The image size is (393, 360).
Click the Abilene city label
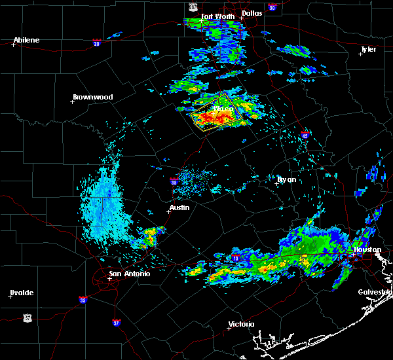(x=26, y=40)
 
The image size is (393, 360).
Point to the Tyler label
(x=368, y=49)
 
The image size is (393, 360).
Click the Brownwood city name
(x=92, y=97)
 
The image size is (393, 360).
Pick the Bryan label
(x=286, y=179)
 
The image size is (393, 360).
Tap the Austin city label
(x=179, y=207)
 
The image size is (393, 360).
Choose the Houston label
(x=367, y=249)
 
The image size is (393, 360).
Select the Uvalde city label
(x=22, y=293)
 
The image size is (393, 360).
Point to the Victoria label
(x=242, y=324)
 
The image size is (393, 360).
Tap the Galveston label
(x=375, y=292)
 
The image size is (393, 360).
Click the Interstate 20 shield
(x=97, y=43)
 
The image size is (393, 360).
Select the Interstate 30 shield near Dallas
(x=272, y=8)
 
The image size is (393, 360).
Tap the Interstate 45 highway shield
(x=305, y=135)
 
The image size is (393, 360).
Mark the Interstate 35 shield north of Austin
(x=174, y=183)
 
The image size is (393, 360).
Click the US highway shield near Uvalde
(x=27, y=317)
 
